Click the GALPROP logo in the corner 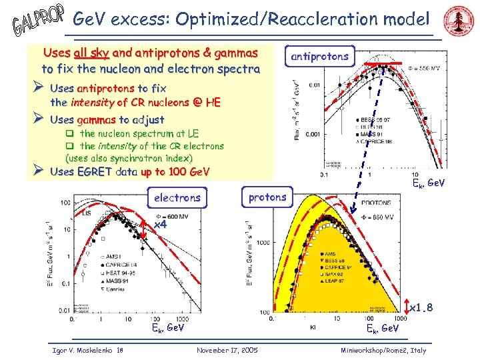37,21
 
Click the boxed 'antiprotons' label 319,56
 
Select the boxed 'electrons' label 177,197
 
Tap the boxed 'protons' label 267,197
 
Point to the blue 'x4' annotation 160,225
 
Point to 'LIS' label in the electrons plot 87,213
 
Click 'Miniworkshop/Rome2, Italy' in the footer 383,350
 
